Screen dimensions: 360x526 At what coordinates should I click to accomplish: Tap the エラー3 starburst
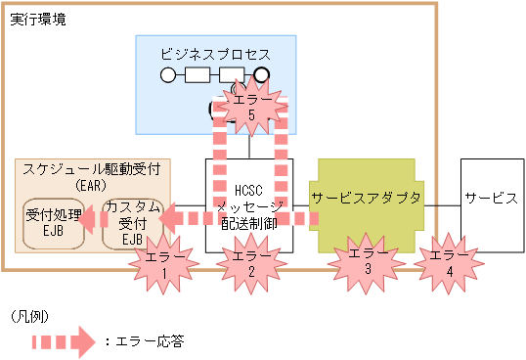[x=367, y=260]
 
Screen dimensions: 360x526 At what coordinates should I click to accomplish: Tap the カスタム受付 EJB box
[x=132, y=222]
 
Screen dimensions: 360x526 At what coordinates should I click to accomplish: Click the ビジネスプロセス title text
[x=215, y=54]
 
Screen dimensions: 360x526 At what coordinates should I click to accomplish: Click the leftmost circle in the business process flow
[x=167, y=74]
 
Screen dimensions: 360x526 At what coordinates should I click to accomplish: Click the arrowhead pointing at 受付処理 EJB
[x=86, y=221]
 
